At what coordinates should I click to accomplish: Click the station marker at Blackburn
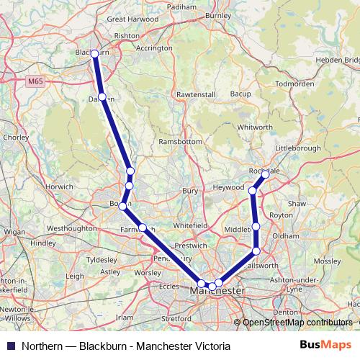click(94, 53)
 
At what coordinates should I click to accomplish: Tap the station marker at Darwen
click(102, 96)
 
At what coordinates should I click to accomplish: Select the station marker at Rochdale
click(265, 174)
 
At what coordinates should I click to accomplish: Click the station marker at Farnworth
click(143, 228)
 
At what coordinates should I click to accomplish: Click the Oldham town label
click(285, 235)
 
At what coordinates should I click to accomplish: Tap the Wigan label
click(14, 233)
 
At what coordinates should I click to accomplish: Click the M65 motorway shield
click(35, 84)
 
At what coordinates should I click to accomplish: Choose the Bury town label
click(190, 191)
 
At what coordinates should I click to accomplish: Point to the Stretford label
click(176, 318)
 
